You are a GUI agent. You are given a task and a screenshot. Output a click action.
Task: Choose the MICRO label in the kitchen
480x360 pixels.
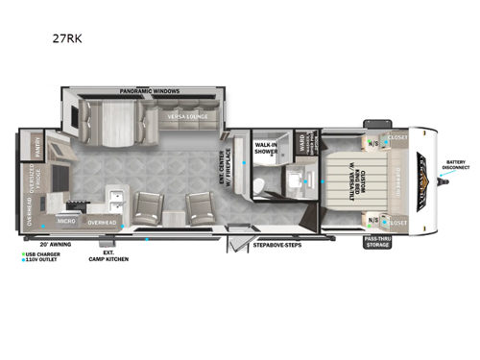[x=66, y=221]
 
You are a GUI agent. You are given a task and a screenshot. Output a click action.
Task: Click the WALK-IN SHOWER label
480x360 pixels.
[x=266, y=148]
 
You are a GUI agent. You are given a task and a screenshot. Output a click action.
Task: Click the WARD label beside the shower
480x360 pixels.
[x=301, y=144]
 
